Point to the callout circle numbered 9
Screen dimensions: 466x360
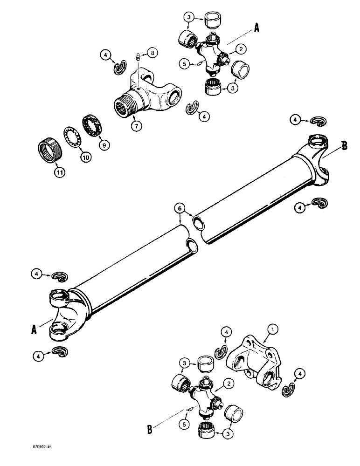104,145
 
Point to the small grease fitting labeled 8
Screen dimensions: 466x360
138,59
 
